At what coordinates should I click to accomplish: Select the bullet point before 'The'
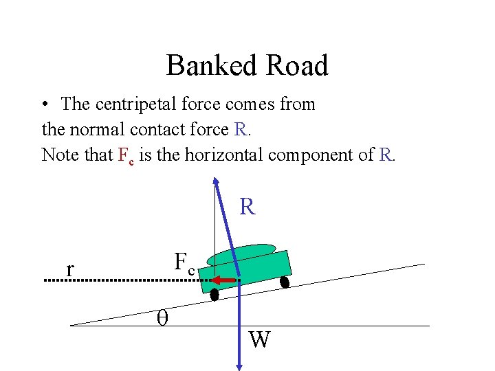pos(43,105)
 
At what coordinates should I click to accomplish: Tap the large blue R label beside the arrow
pos(247,207)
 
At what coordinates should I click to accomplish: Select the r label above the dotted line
pos(69,269)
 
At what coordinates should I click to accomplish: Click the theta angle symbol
pos(162,317)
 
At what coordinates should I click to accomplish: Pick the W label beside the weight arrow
pos(259,339)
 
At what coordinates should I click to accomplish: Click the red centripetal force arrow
pos(223,280)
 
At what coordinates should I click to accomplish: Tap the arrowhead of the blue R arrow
pos(216,181)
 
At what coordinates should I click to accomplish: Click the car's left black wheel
pos(214,295)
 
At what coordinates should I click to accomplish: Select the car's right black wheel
pos(285,281)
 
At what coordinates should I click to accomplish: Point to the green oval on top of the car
pos(241,254)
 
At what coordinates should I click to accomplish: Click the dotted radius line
pos(124,281)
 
